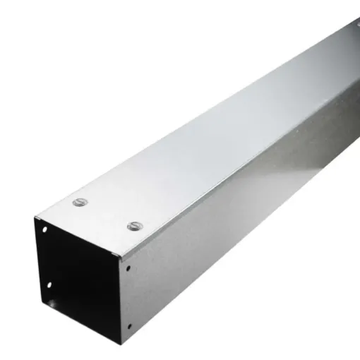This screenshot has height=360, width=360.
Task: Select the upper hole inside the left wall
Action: click(44, 230)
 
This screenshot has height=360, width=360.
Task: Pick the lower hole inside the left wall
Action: click(49, 284)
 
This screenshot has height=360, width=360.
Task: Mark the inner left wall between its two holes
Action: click(47, 258)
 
